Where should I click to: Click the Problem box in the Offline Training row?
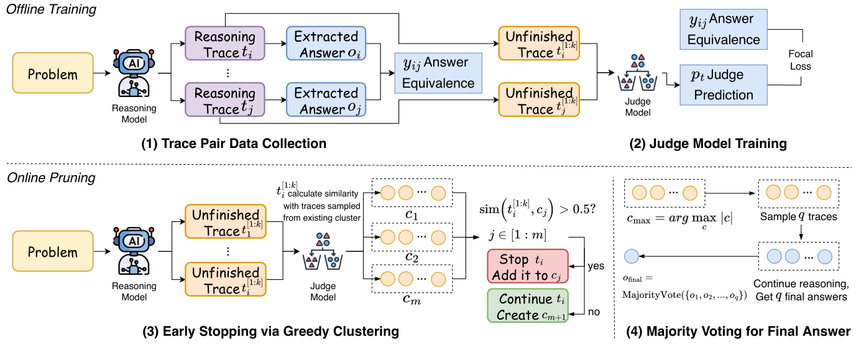(53, 75)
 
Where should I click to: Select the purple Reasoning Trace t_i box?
(225, 45)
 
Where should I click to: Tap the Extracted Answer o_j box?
(326, 100)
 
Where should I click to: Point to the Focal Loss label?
(799, 61)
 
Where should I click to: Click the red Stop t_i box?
(527, 265)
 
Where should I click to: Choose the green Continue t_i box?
(527, 306)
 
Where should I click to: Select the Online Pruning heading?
(51, 178)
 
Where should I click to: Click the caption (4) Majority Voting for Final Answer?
(739, 331)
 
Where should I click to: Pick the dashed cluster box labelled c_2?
(413, 236)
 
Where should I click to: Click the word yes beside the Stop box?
(596, 265)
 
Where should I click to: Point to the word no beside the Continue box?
(594, 312)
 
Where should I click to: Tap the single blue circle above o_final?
(632, 256)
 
